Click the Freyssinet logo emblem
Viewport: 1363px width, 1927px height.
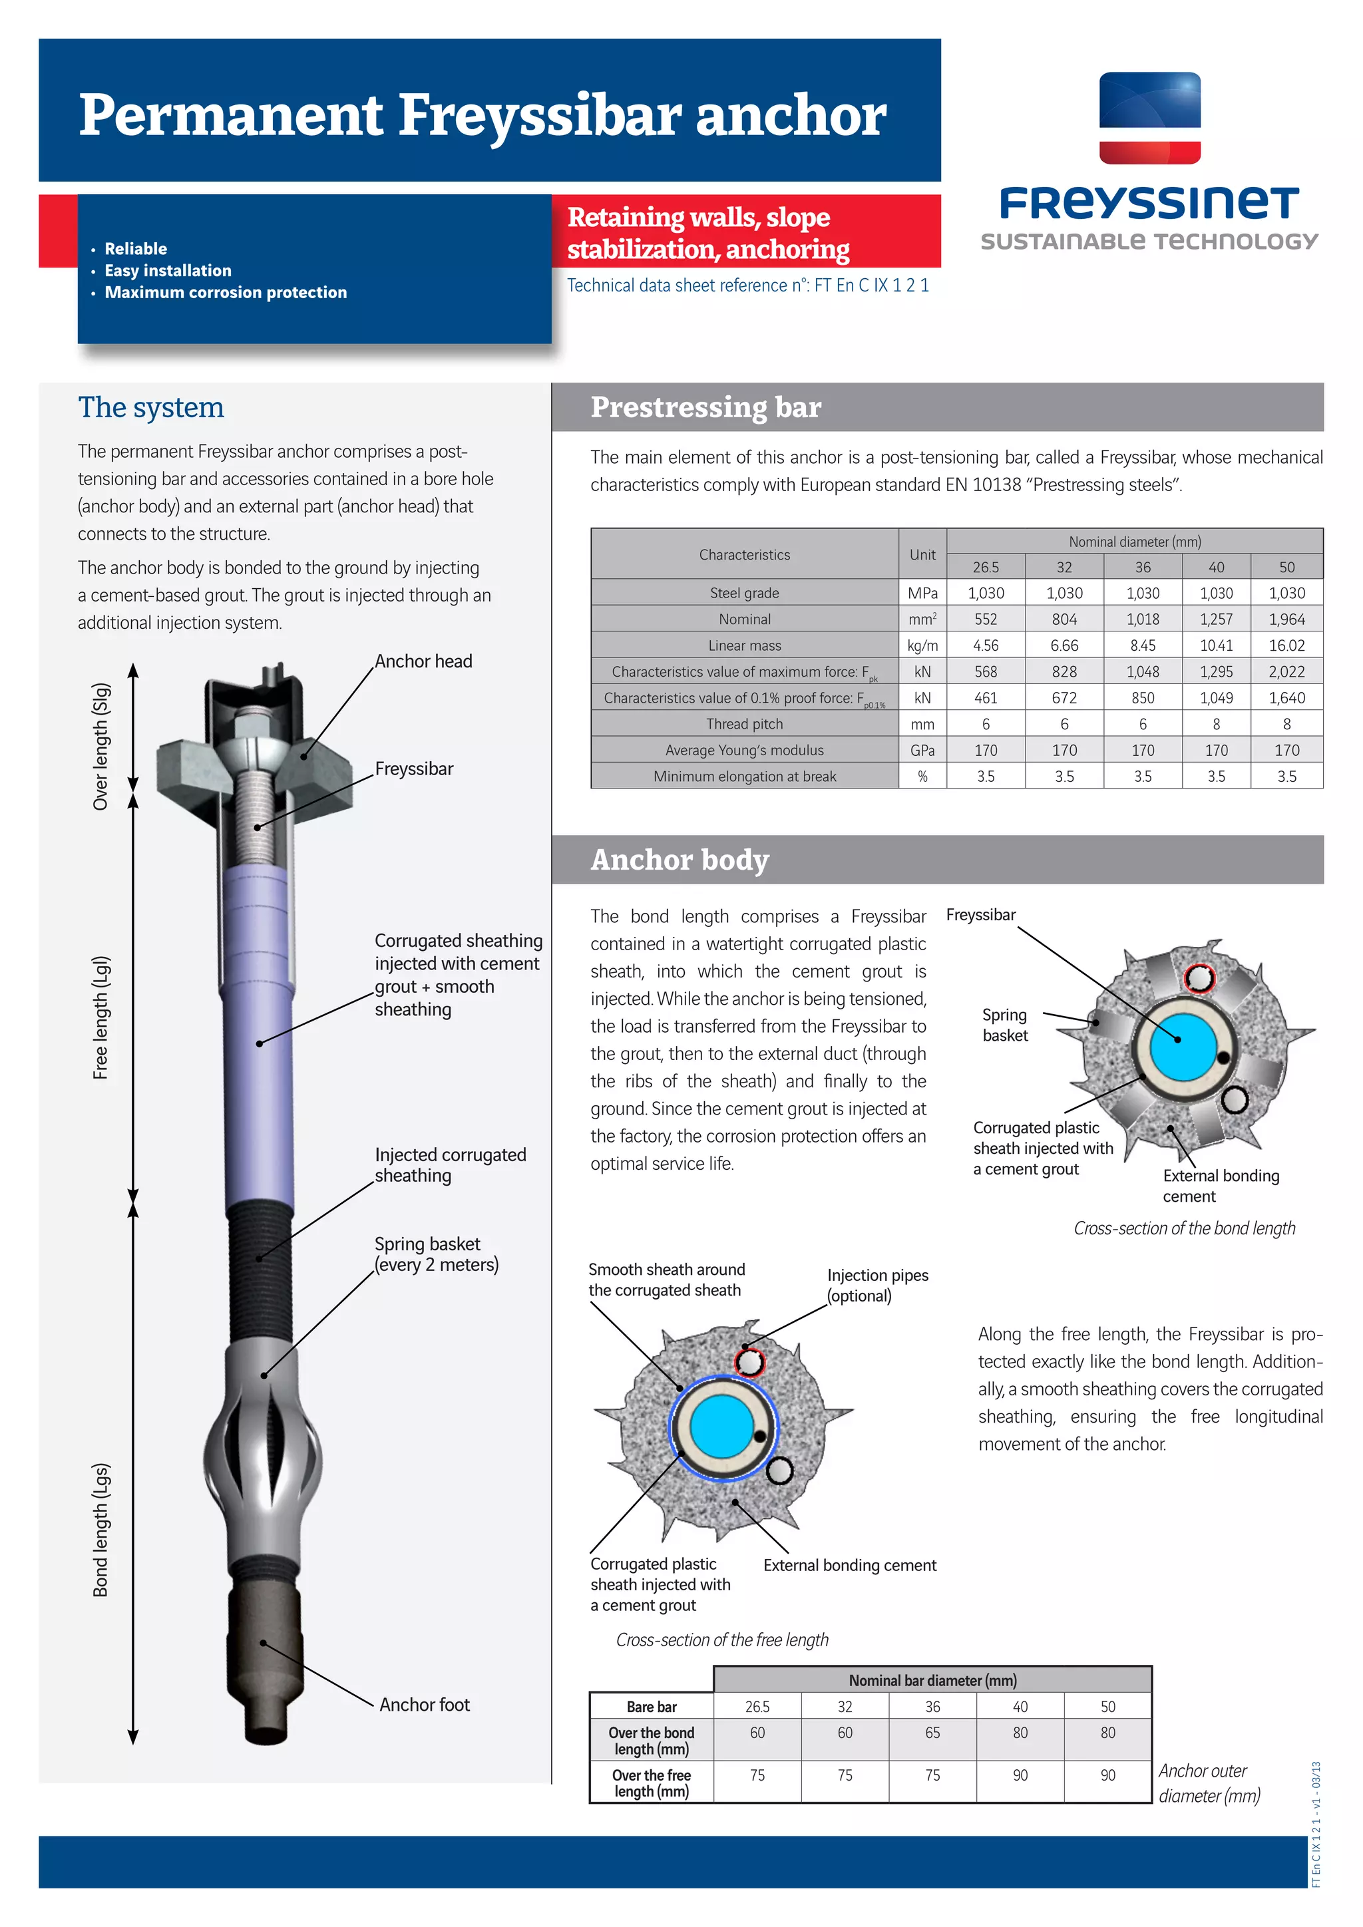tap(1150, 118)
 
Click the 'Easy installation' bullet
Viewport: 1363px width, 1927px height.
tap(168, 270)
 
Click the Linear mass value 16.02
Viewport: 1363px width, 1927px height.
tap(1286, 645)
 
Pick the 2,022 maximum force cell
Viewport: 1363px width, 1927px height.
tap(1286, 671)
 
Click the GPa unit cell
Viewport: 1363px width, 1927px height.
tap(922, 751)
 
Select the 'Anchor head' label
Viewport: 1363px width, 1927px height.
tap(423, 661)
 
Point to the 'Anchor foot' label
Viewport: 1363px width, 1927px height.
tap(424, 1705)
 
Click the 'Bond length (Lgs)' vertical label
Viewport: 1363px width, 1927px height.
tap(100, 1529)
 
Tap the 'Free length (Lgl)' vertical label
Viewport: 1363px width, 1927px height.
tap(100, 1017)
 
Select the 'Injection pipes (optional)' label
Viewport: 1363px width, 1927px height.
tap(877, 1285)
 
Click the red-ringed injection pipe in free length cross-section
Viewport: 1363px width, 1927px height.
tap(749, 1361)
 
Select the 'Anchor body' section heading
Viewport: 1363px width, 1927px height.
tap(680, 860)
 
